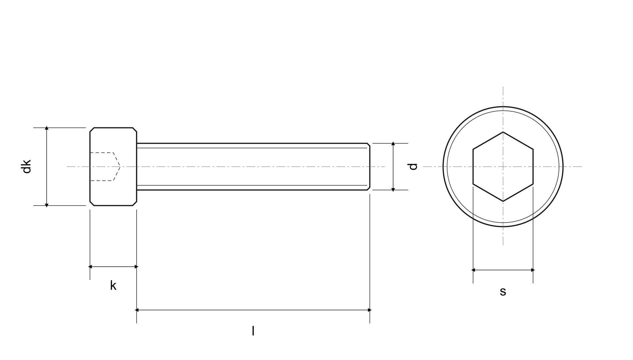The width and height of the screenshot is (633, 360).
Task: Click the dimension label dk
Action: tap(26, 166)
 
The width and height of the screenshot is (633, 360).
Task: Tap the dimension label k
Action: tap(113, 286)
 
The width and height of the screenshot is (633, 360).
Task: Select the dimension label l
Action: tap(253, 331)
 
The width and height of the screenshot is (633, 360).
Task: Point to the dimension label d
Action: tap(413, 167)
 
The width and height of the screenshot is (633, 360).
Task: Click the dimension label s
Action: tap(503, 291)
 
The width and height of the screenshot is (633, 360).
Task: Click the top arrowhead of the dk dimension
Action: tap(47, 128)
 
